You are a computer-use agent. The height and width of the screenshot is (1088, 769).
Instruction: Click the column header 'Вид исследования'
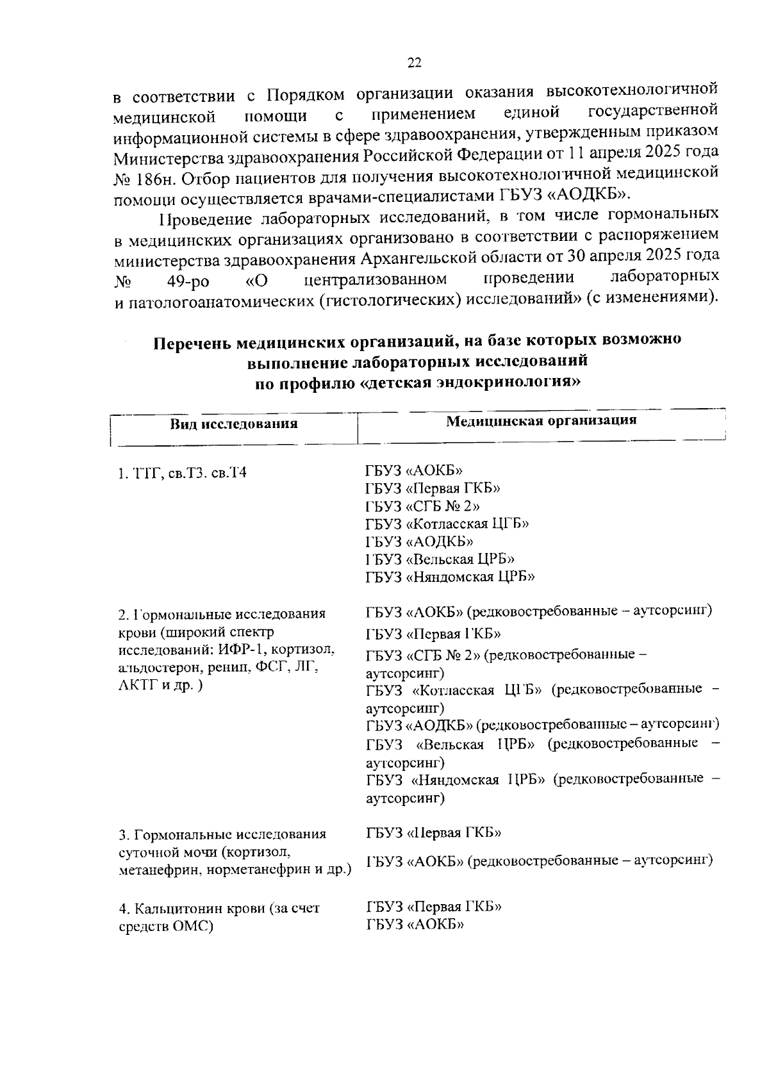pyautogui.click(x=233, y=424)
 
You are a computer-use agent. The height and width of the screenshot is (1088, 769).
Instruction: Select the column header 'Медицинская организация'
pyautogui.click(x=541, y=420)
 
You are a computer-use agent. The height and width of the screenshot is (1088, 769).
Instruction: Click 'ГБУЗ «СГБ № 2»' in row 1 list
pyautogui.click(x=422, y=506)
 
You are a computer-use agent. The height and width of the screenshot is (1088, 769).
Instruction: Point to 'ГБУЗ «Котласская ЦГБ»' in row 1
pyautogui.click(x=447, y=523)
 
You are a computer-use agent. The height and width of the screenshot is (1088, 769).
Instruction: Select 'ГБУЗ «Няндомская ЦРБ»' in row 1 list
pyautogui.click(x=450, y=577)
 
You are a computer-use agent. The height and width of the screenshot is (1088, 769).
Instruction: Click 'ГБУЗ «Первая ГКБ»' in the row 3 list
pyautogui.click(x=433, y=833)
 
